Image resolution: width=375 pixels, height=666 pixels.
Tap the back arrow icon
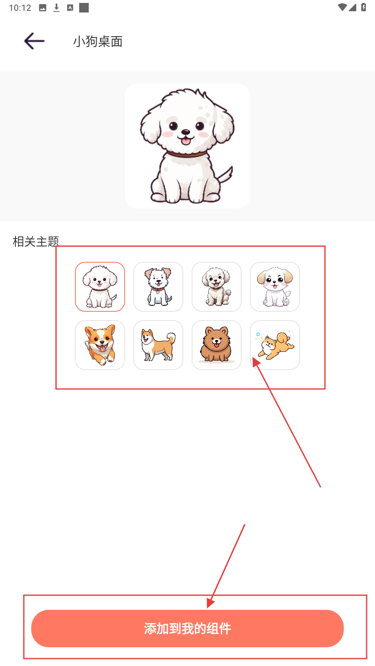(x=34, y=41)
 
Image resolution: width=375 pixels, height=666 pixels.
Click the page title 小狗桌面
(x=98, y=41)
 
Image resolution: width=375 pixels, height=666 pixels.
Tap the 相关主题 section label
(x=36, y=241)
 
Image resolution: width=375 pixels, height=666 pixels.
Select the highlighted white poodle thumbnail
(x=100, y=287)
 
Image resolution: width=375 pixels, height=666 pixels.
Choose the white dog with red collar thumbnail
(x=158, y=287)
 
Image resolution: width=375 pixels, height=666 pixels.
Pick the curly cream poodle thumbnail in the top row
(x=217, y=287)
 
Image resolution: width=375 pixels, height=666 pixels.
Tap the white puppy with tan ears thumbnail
(x=275, y=287)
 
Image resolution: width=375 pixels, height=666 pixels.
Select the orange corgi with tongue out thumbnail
(x=100, y=345)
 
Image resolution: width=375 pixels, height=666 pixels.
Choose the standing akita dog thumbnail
(x=158, y=345)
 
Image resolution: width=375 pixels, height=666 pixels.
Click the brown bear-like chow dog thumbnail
(x=217, y=345)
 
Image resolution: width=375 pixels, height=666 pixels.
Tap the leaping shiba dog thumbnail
(x=275, y=345)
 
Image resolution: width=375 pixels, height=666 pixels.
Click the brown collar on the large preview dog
(x=186, y=154)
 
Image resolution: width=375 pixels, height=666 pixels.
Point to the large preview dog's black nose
(x=186, y=132)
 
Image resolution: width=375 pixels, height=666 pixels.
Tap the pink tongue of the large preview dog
(x=186, y=141)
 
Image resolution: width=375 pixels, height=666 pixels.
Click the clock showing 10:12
(x=20, y=8)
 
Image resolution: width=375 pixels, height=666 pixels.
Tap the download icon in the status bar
(x=56, y=8)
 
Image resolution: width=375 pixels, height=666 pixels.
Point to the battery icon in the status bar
(x=363, y=7)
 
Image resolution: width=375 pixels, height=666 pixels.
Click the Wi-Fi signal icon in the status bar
(x=342, y=7)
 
